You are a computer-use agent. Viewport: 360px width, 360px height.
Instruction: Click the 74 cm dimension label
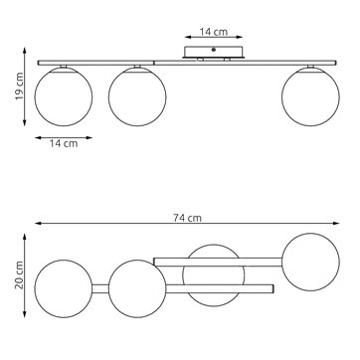pos(187,218)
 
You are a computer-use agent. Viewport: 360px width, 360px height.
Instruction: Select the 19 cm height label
pos(19,87)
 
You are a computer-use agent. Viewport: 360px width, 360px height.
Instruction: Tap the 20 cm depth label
pos(19,274)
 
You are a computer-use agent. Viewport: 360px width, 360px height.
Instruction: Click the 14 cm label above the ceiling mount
pos(214,32)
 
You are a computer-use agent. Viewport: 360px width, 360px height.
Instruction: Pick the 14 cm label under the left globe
pos(64,143)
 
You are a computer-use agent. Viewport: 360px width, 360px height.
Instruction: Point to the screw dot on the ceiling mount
pos(214,50)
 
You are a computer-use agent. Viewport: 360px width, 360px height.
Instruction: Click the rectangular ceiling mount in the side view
pos(214,52)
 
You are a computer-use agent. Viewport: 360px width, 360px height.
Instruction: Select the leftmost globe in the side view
pos(64,96)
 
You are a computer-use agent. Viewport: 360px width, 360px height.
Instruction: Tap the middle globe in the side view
pos(137,96)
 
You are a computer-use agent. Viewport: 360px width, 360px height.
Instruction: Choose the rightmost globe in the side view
pos(310,96)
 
